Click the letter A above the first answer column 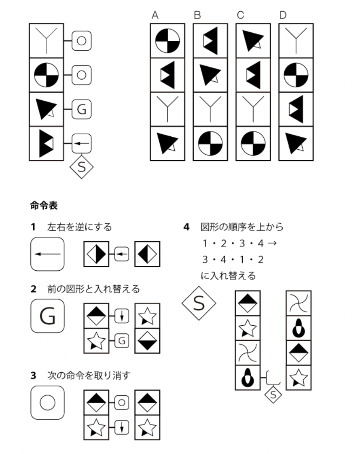(x=155, y=16)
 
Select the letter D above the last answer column (x=283, y=16)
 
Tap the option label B (x=197, y=16)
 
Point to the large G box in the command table (x=47, y=316)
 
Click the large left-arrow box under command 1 (x=47, y=254)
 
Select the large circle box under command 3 (x=47, y=402)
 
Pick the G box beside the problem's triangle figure (x=82, y=109)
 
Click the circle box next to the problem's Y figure (x=82, y=40)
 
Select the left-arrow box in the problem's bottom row (x=82, y=143)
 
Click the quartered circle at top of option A (x=167, y=40)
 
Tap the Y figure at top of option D (x=296, y=40)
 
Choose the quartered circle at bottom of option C (x=253, y=144)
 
